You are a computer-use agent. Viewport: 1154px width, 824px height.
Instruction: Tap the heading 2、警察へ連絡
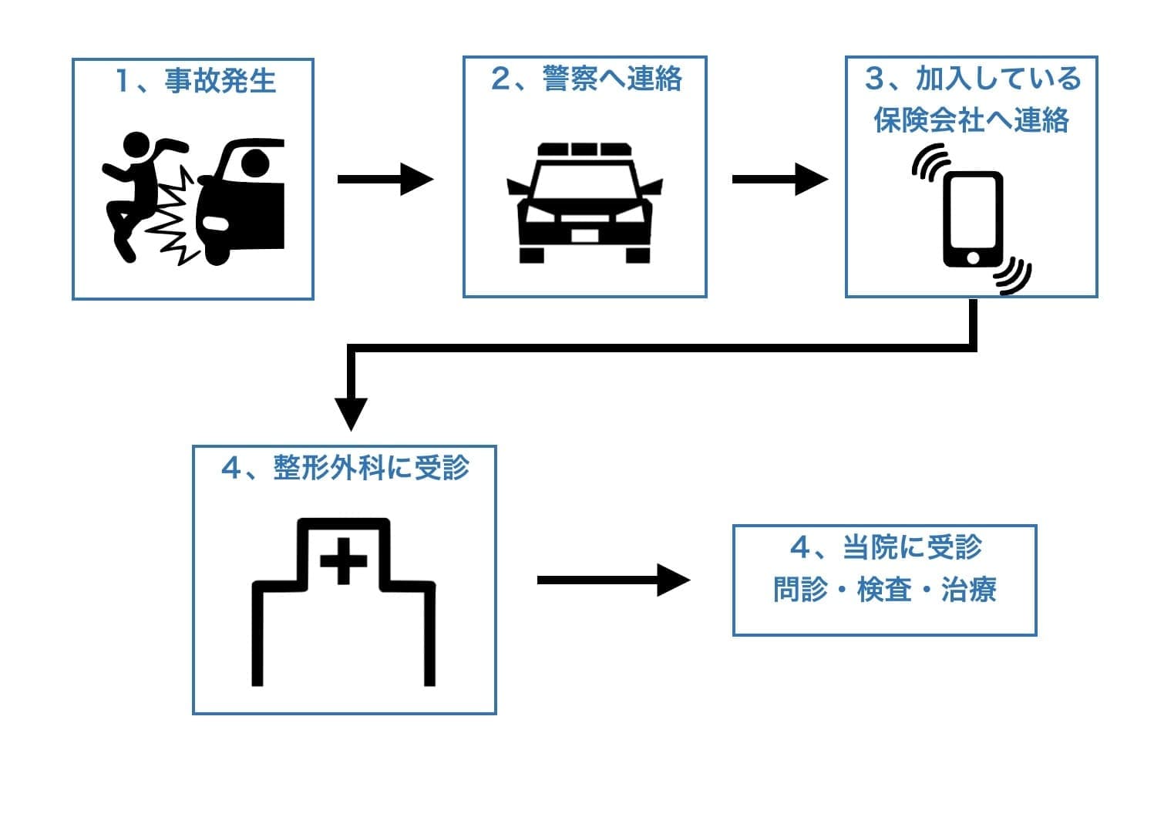tap(586, 79)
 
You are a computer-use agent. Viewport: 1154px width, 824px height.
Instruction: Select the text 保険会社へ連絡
tap(971, 121)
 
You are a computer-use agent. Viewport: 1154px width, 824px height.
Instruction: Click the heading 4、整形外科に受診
tap(345, 468)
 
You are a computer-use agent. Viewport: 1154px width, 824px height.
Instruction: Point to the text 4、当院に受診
tap(885, 548)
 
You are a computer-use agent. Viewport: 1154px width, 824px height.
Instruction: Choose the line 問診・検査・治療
tap(885, 590)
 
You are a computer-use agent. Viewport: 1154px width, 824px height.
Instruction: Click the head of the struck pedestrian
tap(136, 146)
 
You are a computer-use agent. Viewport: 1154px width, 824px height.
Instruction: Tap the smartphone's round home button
tap(974, 256)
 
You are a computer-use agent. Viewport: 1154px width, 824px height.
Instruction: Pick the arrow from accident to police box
tap(385, 180)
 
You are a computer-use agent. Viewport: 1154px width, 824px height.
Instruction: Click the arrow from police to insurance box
tap(779, 180)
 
